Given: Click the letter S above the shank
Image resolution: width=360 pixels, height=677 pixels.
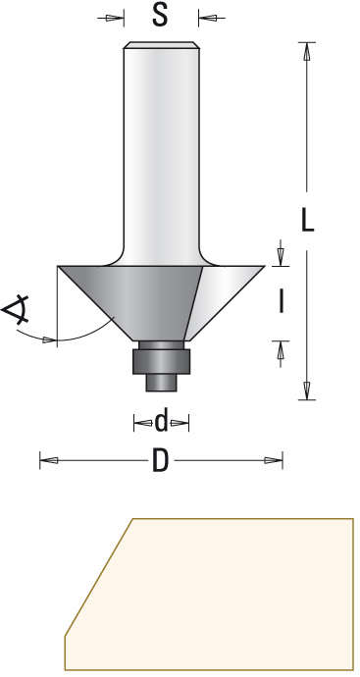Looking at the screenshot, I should [161, 17].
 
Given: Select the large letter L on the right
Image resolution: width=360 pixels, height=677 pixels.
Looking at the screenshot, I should [307, 222].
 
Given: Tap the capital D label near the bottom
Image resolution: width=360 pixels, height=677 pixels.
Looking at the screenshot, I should [160, 460].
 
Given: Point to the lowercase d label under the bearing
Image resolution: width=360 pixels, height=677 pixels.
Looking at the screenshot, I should [161, 422].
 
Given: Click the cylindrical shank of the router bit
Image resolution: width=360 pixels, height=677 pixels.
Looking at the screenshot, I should [161, 147].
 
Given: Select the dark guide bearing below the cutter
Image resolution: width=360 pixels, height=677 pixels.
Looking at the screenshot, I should [161, 359].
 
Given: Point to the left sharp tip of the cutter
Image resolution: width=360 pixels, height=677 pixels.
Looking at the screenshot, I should [59, 267].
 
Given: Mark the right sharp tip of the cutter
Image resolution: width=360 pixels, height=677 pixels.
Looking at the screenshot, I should [264, 267].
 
